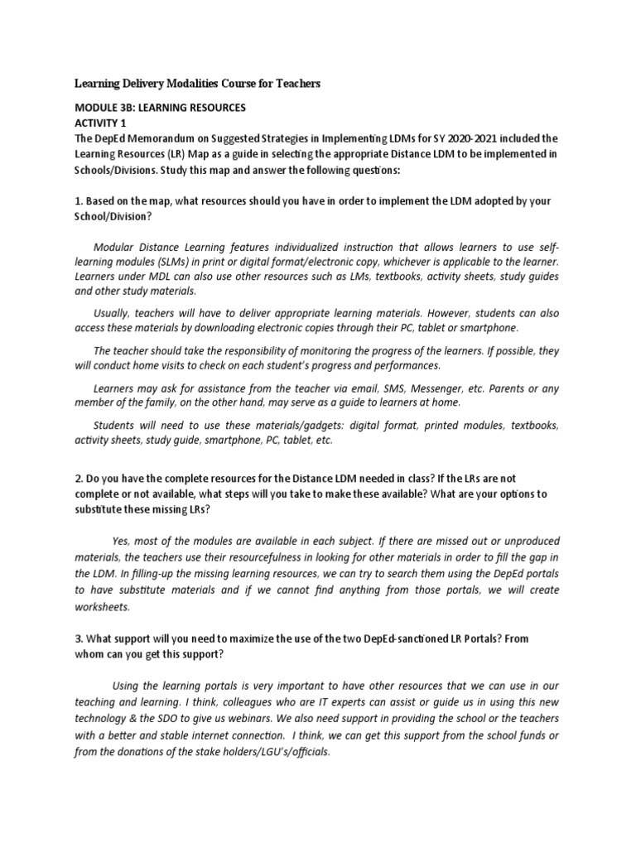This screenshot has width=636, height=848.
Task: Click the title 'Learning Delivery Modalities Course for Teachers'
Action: coord(197,84)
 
